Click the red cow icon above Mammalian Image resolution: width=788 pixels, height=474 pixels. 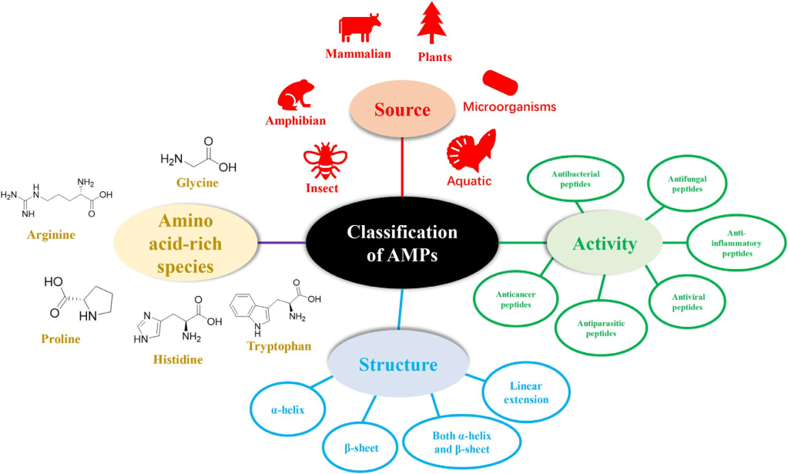359,28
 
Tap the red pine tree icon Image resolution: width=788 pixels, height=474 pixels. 432,22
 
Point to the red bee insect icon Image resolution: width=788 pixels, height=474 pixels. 320,160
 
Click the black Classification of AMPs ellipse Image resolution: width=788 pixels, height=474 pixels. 402,244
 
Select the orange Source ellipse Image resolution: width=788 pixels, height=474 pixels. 402,110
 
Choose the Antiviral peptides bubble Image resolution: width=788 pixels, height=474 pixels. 688,301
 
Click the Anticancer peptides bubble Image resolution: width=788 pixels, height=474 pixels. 515,299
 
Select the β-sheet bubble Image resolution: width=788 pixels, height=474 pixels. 361,447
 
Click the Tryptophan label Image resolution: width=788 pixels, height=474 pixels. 279,347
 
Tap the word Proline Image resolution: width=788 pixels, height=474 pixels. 61,338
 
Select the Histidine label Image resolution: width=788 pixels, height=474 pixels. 176,360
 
